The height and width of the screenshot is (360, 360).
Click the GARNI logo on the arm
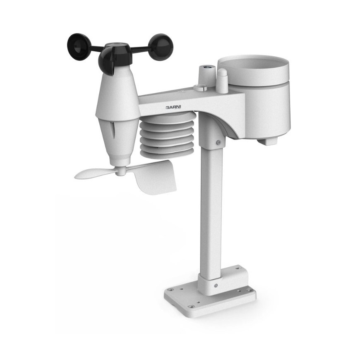tap(173, 107)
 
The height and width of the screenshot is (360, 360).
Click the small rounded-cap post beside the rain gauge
tap(223, 81)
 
